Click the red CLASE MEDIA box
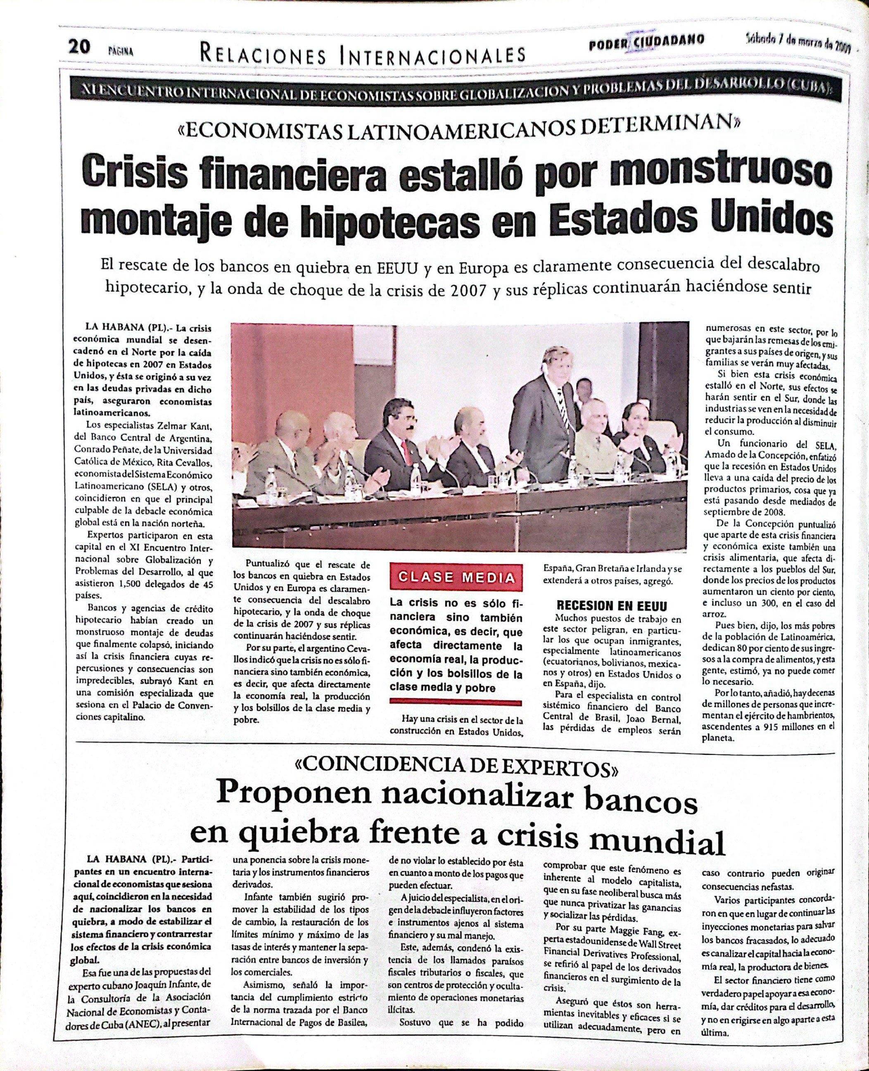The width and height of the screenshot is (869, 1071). point(456,577)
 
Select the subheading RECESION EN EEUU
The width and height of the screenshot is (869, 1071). point(605,606)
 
